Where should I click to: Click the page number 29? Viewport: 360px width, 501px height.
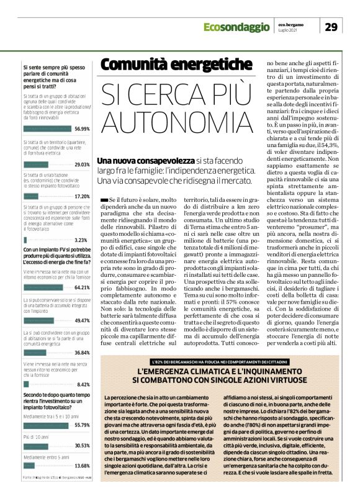[x=330, y=26]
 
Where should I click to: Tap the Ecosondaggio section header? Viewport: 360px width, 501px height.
[x=235, y=27]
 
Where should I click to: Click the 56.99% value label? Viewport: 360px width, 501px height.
[x=82, y=129]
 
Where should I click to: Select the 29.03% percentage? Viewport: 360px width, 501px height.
[x=82, y=165]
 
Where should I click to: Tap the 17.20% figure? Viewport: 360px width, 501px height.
[x=82, y=196]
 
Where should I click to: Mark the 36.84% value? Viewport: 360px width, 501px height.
[x=82, y=352]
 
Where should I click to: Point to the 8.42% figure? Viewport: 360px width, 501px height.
[x=84, y=384]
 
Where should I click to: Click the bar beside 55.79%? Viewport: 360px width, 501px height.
[x=47, y=425]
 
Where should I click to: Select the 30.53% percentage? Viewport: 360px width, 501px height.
[x=82, y=445]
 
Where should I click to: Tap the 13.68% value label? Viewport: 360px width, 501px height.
[x=82, y=466]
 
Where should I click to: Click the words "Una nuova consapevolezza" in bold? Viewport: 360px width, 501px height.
[x=135, y=161]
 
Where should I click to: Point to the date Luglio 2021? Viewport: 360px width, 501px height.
[x=289, y=30]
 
